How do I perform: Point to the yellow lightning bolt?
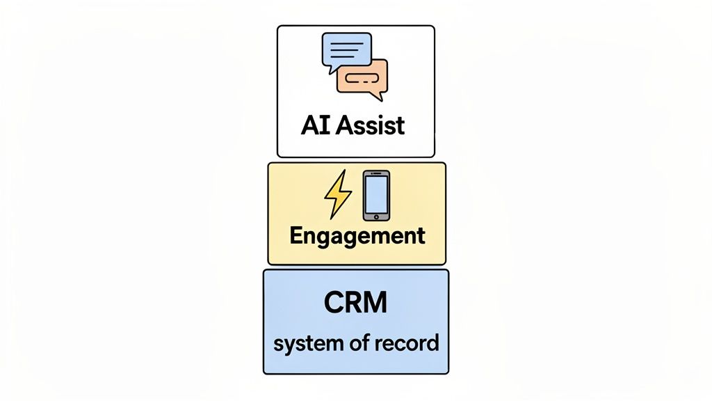(x=338, y=195)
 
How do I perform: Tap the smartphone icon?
(x=376, y=195)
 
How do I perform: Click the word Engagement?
(x=357, y=235)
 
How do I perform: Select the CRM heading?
(x=355, y=304)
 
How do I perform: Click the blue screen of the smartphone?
(x=376, y=194)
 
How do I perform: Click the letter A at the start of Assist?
(x=343, y=125)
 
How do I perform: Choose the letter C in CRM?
(x=334, y=304)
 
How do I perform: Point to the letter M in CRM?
(x=376, y=304)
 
